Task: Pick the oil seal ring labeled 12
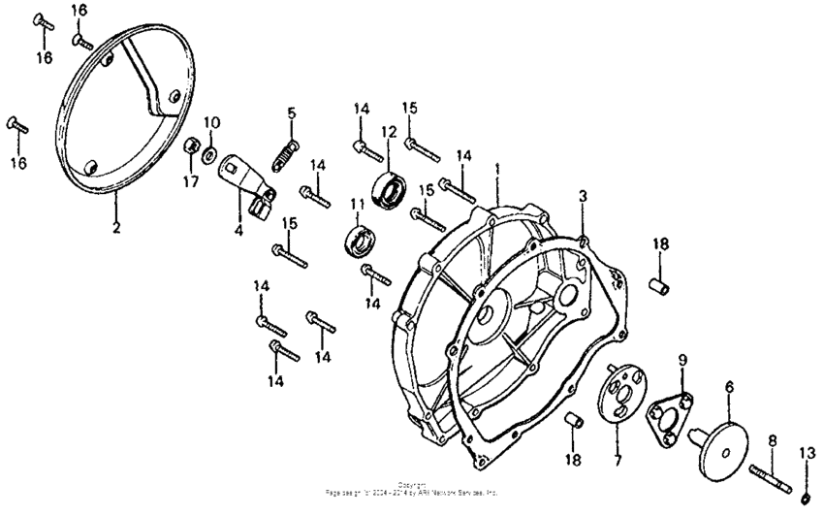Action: tap(391, 189)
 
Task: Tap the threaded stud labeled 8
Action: tap(773, 470)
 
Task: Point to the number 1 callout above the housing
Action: tap(497, 168)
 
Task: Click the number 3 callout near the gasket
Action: tap(583, 196)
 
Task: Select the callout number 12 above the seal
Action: tap(388, 131)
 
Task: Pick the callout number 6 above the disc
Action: tap(728, 386)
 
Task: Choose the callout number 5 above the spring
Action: tap(291, 113)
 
